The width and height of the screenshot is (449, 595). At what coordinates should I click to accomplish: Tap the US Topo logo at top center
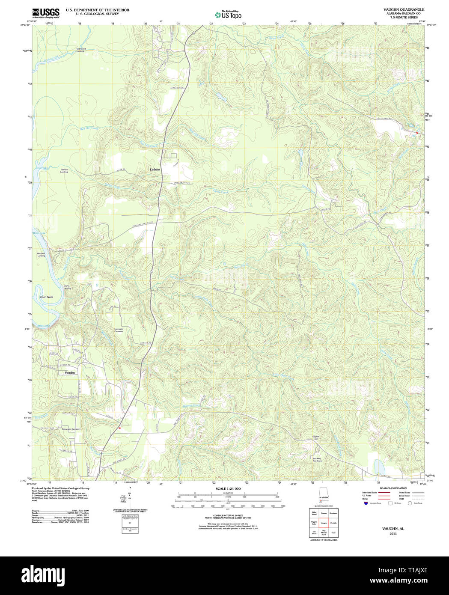228,15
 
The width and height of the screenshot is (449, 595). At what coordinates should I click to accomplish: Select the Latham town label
155,170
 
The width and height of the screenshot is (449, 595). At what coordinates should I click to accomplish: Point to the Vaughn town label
69,372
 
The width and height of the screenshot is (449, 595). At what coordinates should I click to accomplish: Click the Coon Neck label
46,297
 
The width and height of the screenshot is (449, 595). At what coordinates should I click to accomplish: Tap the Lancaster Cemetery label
119,330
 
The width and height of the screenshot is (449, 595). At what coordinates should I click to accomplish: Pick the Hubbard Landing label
41,255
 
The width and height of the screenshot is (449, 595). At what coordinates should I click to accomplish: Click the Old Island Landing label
81,50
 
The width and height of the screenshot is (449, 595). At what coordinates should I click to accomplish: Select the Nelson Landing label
65,171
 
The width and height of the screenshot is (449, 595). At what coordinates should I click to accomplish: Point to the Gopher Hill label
316,438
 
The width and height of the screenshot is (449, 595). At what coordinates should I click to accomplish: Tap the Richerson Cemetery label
71,429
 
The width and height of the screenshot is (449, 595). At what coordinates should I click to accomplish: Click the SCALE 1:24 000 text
228,488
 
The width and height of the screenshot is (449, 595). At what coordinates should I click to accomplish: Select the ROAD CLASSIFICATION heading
390,488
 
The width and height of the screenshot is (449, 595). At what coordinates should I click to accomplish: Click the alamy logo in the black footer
43,575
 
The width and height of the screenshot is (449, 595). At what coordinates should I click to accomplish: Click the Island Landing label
67,287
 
